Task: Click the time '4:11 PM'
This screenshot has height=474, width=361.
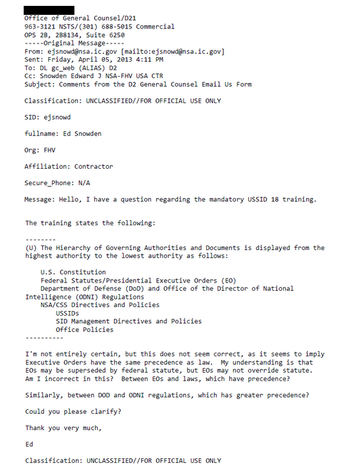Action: [x=148, y=59]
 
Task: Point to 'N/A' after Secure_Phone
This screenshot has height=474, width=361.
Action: [x=84, y=183]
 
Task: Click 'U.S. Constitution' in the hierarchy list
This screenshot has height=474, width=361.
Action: [x=73, y=273]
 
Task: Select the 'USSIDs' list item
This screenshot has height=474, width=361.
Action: [x=68, y=313]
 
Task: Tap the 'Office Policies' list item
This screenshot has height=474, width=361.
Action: [x=84, y=330]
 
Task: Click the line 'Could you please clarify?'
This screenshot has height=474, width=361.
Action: [x=73, y=412]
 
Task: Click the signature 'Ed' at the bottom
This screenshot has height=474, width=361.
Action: [x=29, y=445]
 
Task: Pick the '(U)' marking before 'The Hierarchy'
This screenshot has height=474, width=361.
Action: [x=31, y=248]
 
